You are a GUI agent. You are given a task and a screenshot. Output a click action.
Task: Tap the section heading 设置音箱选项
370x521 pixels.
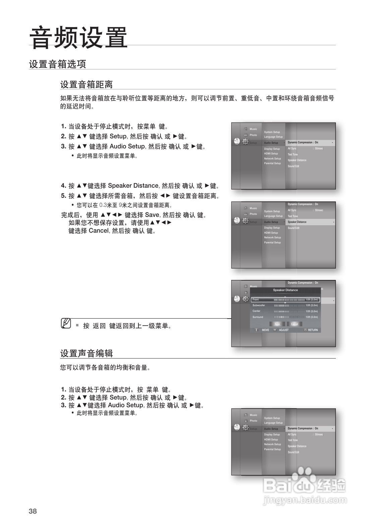pyautogui.click(x=57, y=64)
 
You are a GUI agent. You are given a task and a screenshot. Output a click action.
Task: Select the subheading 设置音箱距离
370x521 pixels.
pyautogui.click(x=86, y=85)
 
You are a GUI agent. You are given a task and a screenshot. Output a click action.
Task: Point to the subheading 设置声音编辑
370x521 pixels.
pyautogui.click(x=86, y=353)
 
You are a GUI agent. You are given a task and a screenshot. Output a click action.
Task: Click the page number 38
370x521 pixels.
pyautogui.click(x=33, y=511)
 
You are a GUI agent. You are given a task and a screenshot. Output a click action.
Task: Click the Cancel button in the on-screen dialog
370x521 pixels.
pyautogui.click(x=295, y=324)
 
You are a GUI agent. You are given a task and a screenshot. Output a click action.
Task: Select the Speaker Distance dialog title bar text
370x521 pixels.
pyautogui.click(x=285, y=290)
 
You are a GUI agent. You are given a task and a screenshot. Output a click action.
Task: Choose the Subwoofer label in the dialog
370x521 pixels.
pyautogui.click(x=259, y=305)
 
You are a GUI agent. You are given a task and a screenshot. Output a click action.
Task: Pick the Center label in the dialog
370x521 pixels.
pyautogui.click(x=256, y=311)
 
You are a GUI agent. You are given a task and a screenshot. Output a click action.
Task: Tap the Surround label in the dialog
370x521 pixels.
pyautogui.click(x=258, y=317)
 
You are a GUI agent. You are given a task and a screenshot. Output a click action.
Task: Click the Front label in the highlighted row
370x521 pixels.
pyautogui.click(x=256, y=299)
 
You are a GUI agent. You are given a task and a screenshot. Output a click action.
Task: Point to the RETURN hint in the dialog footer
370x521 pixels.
pyautogui.click(x=313, y=330)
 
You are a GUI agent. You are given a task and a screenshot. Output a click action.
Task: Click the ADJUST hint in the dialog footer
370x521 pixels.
pyautogui.click(x=284, y=330)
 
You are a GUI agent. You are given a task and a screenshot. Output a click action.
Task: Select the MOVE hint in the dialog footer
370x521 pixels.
pyautogui.click(x=265, y=330)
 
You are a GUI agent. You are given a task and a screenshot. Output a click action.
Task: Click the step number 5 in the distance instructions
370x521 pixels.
pyautogui.click(x=63, y=196)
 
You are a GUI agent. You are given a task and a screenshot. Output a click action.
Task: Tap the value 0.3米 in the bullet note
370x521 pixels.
pyautogui.click(x=105, y=205)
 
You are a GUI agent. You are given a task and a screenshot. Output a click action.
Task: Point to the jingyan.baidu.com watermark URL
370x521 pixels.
pyautogui.click(x=305, y=501)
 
